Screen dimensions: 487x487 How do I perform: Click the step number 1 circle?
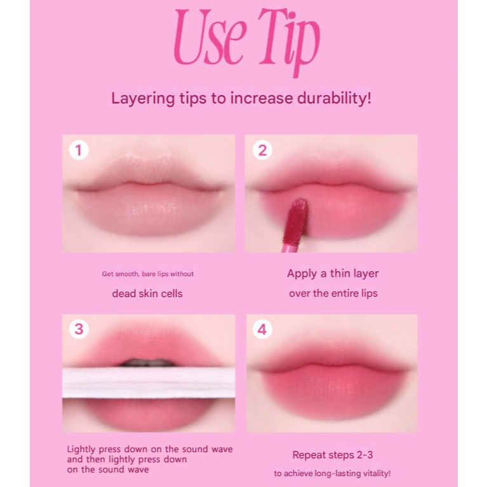[78, 150]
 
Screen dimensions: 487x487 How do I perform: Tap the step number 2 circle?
[262, 150]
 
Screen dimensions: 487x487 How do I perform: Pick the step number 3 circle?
[79, 330]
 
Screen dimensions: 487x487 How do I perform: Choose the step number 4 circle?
[262, 330]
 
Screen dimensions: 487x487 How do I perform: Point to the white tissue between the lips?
[149, 383]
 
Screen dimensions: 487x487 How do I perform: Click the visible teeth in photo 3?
[149, 363]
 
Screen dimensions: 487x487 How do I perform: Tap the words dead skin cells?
[147, 293]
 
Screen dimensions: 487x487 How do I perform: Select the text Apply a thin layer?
[333, 274]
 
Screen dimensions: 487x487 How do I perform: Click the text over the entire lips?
[333, 293]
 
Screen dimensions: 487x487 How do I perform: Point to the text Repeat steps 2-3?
[333, 455]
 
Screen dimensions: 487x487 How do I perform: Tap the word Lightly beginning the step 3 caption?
[81, 450]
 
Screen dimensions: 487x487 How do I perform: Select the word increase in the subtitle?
[261, 98]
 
